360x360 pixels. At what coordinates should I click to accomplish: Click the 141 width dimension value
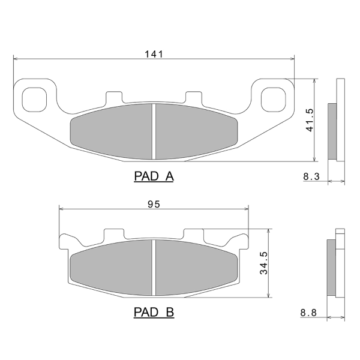coord(154,54)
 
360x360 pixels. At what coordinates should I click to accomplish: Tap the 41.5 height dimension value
coord(310,120)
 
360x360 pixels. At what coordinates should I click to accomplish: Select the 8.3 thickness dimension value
coord(311,176)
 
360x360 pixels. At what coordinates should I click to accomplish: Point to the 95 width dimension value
coord(154,204)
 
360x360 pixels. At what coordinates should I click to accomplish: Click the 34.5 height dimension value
coord(263,263)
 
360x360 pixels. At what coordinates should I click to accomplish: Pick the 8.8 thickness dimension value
coord(308,313)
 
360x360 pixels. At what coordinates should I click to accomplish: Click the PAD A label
coord(154,176)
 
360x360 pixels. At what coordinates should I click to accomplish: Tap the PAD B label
coord(154,312)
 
